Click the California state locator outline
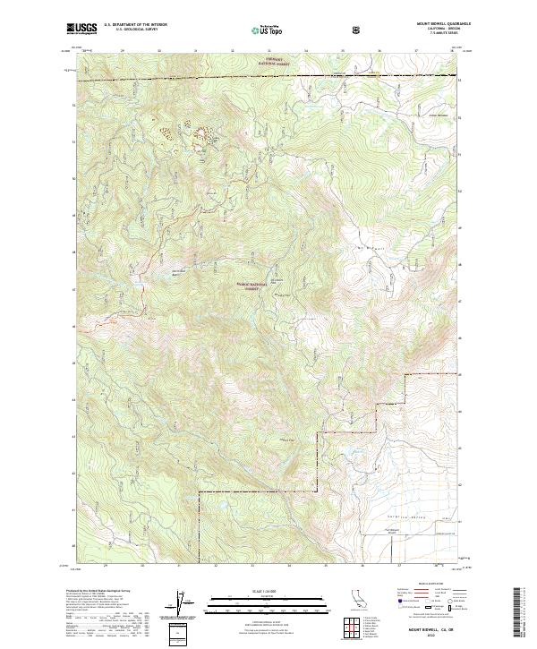tap(347, 601)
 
